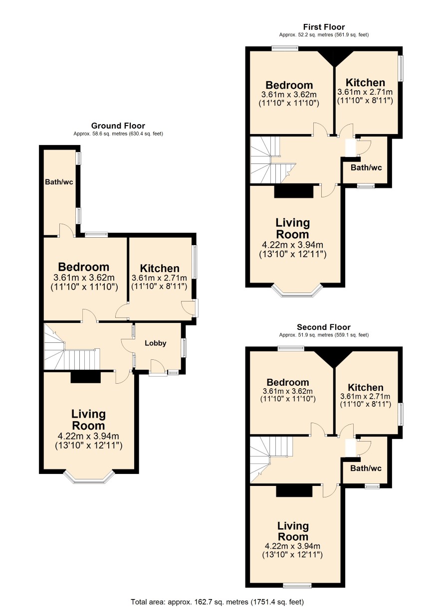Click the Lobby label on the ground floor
pyautogui.click(x=155, y=343)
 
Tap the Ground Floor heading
pyautogui.click(x=118, y=126)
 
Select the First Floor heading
pyautogui.click(x=324, y=27)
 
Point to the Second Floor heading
pyautogui.click(x=324, y=327)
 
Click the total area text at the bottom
pyautogui.click(x=218, y=602)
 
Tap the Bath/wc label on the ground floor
pyautogui.click(x=59, y=182)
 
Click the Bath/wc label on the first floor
pyautogui.click(x=366, y=168)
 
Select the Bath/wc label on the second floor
pyautogui.click(x=366, y=468)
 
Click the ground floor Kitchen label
pyautogui.click(x=160, y=268)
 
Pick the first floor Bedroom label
pyautogui.click(x=289, y=85)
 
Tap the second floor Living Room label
pyautogui.click(x=293, y=531)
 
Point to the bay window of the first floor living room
pyautogui.click(x=297, y=290)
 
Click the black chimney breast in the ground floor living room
pyautogui.click(x=85, y=377)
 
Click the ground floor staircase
pyautogui.click(x=72, y=347)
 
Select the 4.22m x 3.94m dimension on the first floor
pyautogui.click(x=292, y=245)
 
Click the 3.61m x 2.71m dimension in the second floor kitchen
pyautogui.click(x=365, y=397)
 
